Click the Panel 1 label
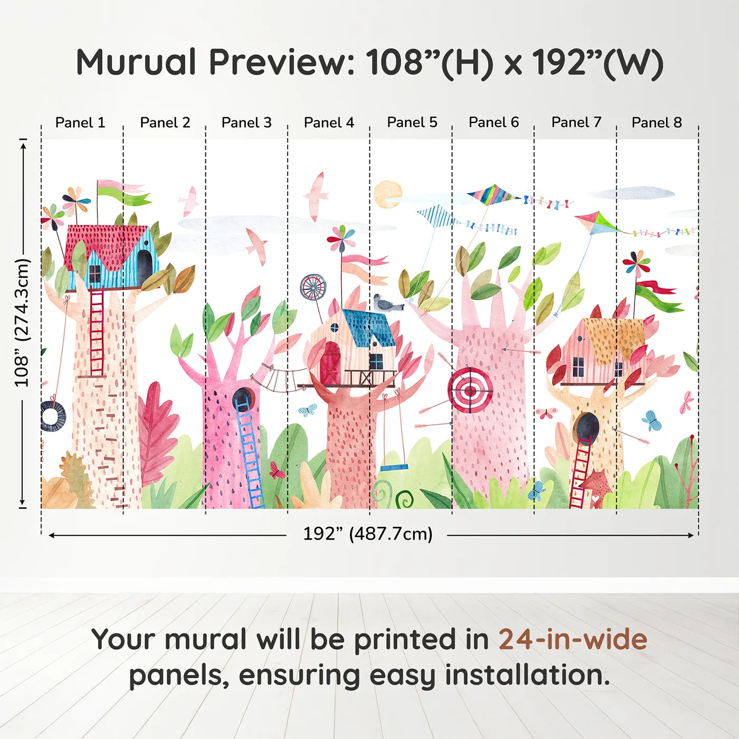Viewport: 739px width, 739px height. [x=80, y=122]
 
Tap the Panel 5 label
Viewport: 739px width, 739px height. [x=412, y=122]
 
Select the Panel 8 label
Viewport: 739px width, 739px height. [x=657, y=122]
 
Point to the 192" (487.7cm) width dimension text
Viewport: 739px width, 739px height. [x=367, y=534]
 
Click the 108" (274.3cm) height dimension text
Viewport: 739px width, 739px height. [x=22, y=323]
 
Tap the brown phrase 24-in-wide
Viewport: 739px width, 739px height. [x=573, y=639]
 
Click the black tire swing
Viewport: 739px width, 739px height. [x=53, y=416]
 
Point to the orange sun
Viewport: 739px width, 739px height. [x=387, y=194]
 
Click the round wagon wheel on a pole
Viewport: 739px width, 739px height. [x=314, y=287]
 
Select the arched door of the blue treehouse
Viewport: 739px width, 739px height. [x=145, y=261]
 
